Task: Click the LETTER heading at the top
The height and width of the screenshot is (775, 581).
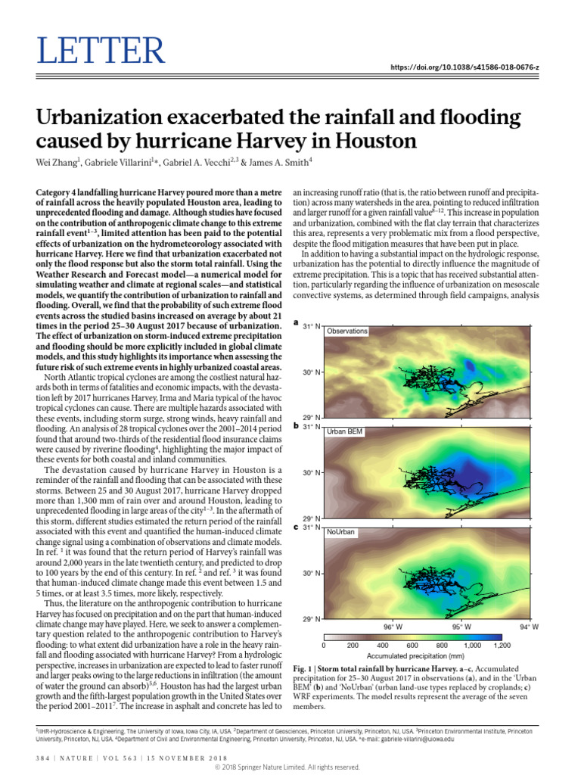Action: [x=100, y=51]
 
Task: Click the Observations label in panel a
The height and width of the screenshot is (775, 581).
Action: [x=346, y=331]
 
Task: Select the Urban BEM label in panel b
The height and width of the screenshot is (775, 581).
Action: [x=344, y=431]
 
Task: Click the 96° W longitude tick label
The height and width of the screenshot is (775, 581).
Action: [x=392, y=627]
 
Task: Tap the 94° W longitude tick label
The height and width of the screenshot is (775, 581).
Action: [x=529, y=627]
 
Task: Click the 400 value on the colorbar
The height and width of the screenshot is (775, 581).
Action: [x=383, y=645]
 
